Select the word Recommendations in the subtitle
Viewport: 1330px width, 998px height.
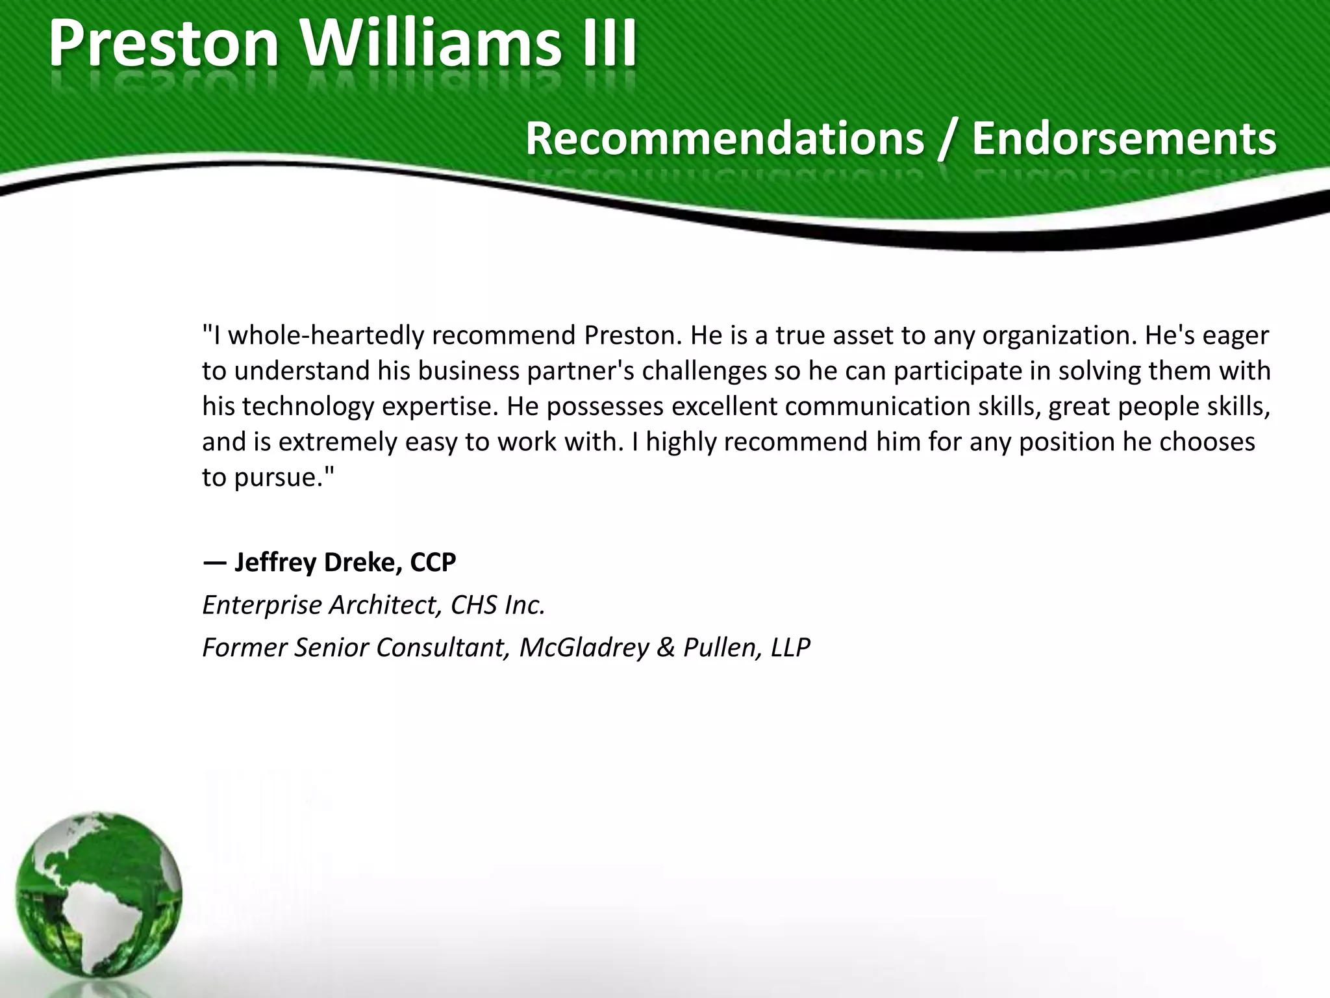point(724,138)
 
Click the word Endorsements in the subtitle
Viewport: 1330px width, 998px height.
point(1124,138)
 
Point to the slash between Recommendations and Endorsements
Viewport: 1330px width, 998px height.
point(947,140)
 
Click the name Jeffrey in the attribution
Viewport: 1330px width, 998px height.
point(275,563)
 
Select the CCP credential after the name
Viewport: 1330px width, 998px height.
point(433,562)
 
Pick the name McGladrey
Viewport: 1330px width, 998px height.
point(584,648)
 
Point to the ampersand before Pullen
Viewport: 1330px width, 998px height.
point(666,648)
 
